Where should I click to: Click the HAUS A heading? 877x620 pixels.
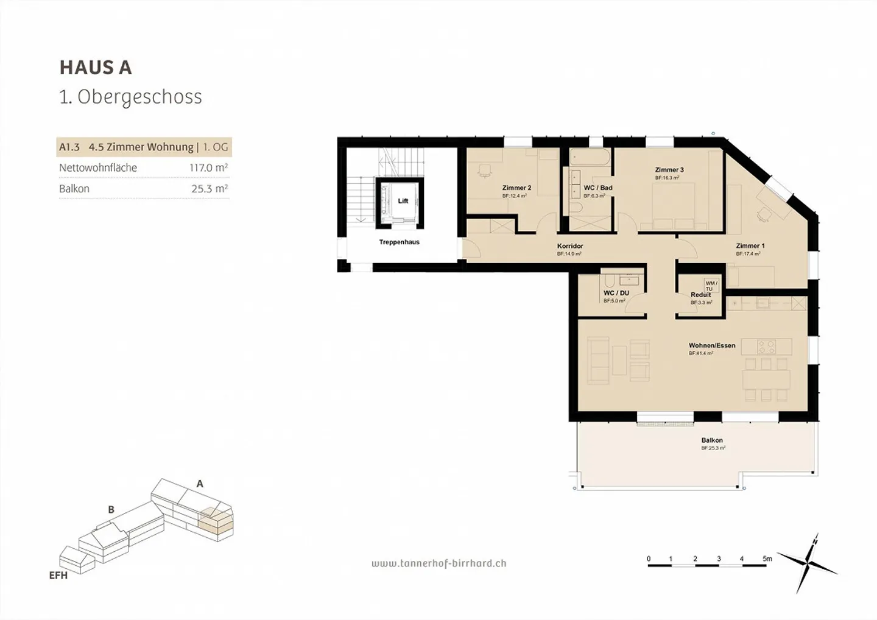point(96,68)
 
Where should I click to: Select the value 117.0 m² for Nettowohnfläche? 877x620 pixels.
point(208,167)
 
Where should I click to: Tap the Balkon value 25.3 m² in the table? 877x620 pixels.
point(210,189)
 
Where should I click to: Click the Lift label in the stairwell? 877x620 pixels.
point(403,201)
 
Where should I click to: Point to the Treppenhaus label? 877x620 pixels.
point(399,242)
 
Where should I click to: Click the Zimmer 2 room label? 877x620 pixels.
point(516,188)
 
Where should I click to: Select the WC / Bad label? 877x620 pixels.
point(597,188)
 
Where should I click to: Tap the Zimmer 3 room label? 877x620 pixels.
point(669,170)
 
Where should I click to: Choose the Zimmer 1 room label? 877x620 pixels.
point(750,246)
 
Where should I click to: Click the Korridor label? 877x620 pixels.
point(569,246)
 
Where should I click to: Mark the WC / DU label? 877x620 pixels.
point(616,293)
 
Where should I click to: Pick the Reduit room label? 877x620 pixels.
point(700,295)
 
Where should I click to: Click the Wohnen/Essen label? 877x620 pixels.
point(711,345)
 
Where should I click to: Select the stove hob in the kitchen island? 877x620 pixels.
point(766,347)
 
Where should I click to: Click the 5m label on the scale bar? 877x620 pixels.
point(767,558)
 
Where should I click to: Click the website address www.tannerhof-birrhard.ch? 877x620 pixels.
point(438,563)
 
